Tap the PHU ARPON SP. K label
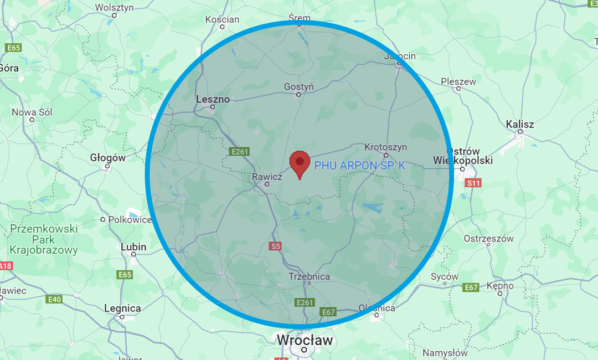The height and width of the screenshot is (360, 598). pyautogui.click(x=360, y=165)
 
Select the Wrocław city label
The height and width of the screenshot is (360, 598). pyautogui.click(x=305, y=340)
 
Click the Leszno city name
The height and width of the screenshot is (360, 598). pyautogui.click(x=213, y=99)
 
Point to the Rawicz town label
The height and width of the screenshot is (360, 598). pyautogui.click(x=267, y=177)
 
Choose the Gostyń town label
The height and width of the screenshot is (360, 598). pyautogui.click(x=298, y=87)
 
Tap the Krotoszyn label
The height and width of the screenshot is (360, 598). pyautogui.click(x=385, y=147)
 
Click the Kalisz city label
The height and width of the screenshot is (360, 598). pyautogui.click(x=520, y=125)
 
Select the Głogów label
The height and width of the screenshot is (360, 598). pyautogui.click(x=107, y=158)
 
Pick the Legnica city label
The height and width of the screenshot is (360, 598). pyautogui.click(x=122, y=308)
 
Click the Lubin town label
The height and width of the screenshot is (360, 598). pyautogui.click(x=133, y=247)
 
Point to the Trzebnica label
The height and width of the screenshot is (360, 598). pyautogui.click(x=309, y=276)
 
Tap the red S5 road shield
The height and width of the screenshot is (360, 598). pyautogui.click(x=276, y=246)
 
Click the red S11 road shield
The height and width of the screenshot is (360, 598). pyautogui.click(x=473, y=183)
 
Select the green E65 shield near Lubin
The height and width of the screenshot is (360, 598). pyautogui.click(x=125, y=275)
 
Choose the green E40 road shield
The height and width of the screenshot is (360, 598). pyautogui.click(x=54, y=300)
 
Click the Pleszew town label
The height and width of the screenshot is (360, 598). pyautogui.click(x=458, y=82)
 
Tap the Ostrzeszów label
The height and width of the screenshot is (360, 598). pyautogui.click(x=489, y=239)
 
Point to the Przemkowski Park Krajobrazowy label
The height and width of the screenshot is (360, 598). pyautogui.click(x=44, y=239)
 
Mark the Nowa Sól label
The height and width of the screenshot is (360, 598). pyautogui.click(x=32, y=112)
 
